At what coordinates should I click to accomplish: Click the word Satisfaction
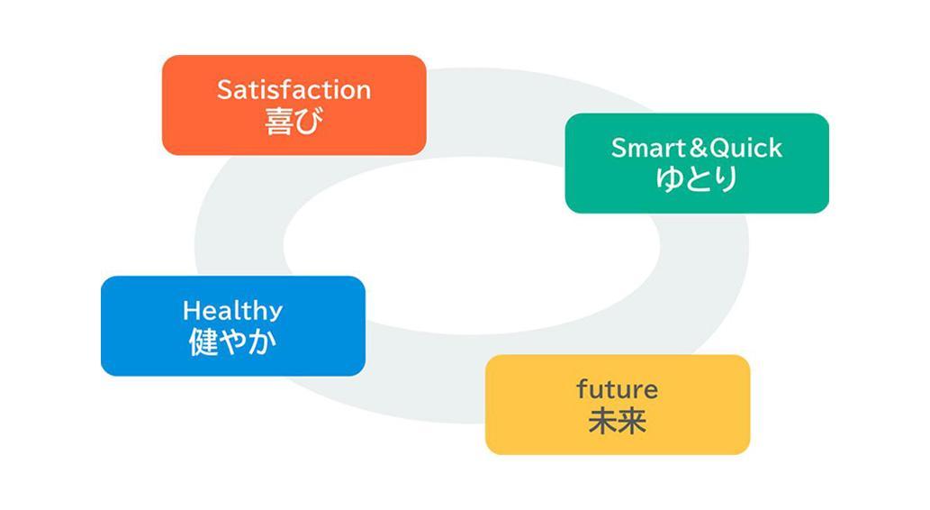pos(293,89)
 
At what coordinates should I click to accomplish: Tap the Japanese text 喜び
pos(293,121)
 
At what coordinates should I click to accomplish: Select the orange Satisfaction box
pos(294,105)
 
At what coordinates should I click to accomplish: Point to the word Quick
pos(745,148)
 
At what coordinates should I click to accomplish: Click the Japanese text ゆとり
pos(697,178)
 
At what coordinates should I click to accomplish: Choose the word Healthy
pos(232,311)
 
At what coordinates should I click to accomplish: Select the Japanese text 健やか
pos(232,342)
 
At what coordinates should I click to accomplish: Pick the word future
pos(618,389)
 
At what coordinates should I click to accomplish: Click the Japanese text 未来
pos(618,421)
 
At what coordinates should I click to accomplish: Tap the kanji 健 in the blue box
pos(203,342)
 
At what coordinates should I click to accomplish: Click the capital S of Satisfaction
pos(225,89)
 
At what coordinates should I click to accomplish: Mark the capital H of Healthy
pos(192,310)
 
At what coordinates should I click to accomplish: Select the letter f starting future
pos(582,389)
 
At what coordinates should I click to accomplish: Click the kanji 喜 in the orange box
pos(279,121)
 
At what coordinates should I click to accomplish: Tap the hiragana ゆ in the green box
pos(669,178)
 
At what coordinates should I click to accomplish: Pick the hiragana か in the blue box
pos(262,342)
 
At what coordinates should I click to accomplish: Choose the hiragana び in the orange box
pos(309,121)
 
